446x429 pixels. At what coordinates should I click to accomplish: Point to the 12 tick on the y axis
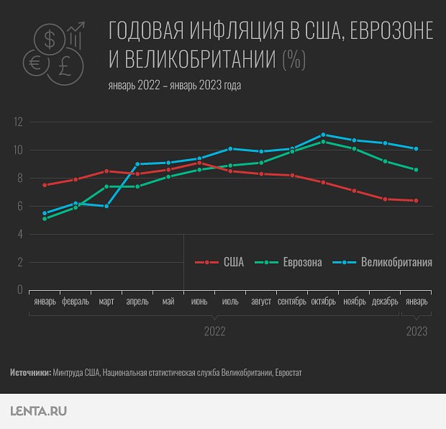click(19, 122)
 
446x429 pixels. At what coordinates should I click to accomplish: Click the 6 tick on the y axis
click(20, 207)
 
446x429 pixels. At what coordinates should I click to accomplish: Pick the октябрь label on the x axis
click(323, 302)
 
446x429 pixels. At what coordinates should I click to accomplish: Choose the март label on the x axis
click(106, 302)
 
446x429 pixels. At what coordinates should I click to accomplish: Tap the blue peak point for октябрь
click(323, 135)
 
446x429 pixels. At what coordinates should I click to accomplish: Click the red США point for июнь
click(199, 163)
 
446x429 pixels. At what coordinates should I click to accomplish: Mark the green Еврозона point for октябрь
click(323, 142)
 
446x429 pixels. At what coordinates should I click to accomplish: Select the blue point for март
click(106, 206)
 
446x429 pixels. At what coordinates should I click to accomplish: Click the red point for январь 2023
click(417, 200)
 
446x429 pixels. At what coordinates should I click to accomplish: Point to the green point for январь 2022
click(45, 218)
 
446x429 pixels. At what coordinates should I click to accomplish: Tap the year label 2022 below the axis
click(214, 331)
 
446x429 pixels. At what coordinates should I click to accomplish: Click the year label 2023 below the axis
click(417, 331)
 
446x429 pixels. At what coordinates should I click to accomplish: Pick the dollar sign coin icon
click(50, 40)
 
